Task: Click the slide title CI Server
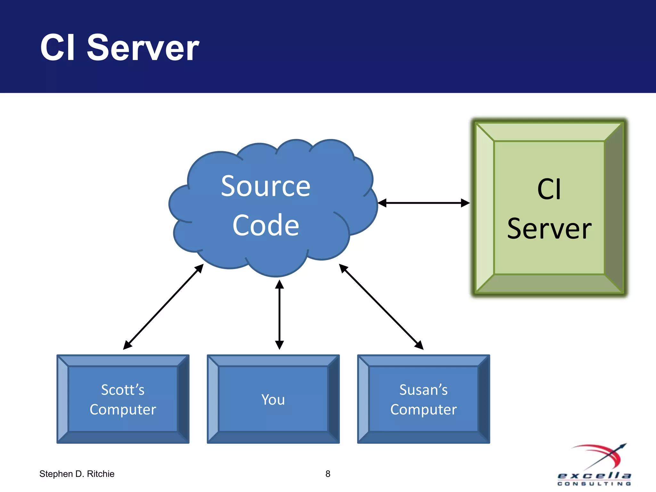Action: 119,48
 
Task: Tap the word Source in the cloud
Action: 266,186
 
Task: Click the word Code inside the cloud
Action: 266,225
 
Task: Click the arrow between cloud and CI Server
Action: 423,203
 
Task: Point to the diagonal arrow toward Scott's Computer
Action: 163,307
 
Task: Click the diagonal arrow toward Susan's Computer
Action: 381,307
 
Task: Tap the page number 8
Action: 328,474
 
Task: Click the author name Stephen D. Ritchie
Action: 77,474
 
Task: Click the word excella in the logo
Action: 594,476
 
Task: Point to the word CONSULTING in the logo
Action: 594,484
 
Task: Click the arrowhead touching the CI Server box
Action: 465,203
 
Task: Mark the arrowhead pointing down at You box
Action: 279,345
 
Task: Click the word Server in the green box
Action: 549,229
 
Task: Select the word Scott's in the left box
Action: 123,390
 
